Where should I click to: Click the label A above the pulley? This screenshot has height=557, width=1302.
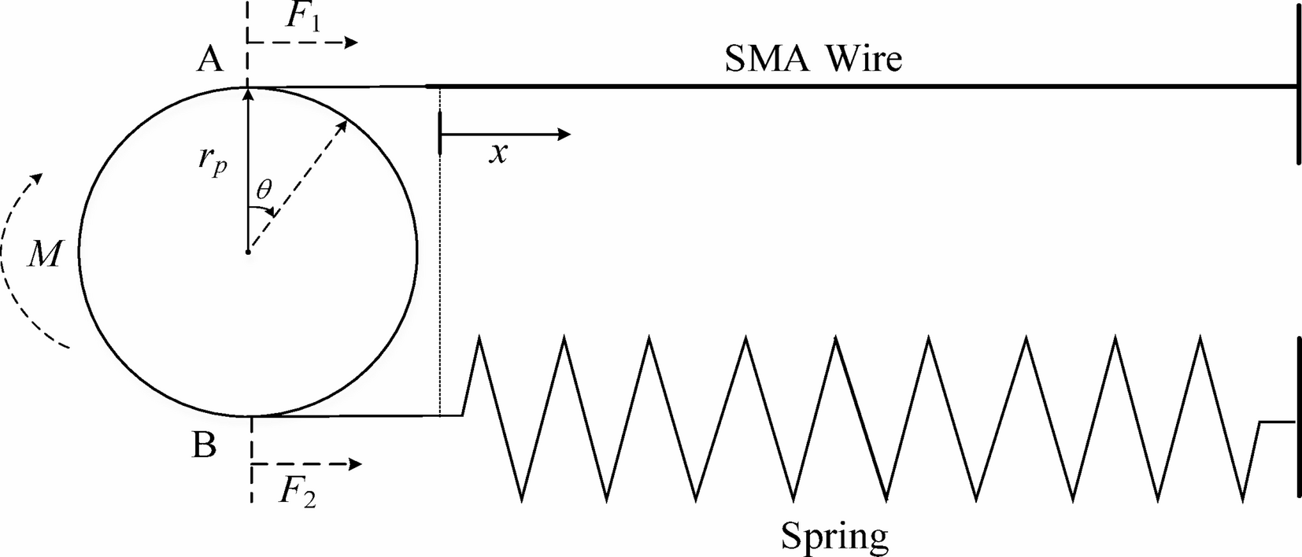209,59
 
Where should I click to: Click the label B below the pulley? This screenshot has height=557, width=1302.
204,446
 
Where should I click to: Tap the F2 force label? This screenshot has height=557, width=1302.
298,493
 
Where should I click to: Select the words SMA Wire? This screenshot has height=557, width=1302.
813,59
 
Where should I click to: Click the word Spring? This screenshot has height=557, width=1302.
834,537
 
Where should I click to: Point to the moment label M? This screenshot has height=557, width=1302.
43,254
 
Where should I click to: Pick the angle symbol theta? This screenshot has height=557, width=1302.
264,190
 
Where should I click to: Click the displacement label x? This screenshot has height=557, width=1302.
497,153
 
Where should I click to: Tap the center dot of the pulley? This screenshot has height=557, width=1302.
248,253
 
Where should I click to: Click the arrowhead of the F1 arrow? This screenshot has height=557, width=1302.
352,42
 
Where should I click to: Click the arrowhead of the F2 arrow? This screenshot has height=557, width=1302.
355,464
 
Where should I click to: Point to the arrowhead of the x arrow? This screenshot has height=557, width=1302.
564,134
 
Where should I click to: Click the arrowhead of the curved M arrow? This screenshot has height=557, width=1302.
34,179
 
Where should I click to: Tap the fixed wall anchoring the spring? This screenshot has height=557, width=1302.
1297,417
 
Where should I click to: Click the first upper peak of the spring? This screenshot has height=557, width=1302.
478,338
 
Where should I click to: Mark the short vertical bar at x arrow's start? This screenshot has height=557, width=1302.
441,134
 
